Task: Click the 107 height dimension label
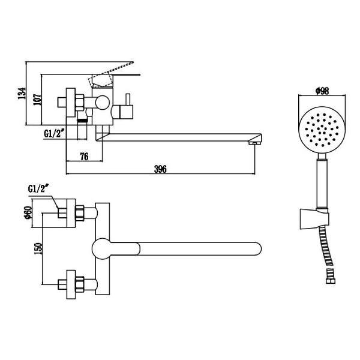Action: [x=37, y=99]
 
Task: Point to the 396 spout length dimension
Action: [x=160, y=169]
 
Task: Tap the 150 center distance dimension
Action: [x=38, y=249]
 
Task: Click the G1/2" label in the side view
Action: [x=55, y=134]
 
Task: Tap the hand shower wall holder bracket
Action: [x=314, y=218]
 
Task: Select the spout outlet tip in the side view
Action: [x=256, y=142]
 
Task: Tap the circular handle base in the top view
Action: [x=104, y=248]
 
